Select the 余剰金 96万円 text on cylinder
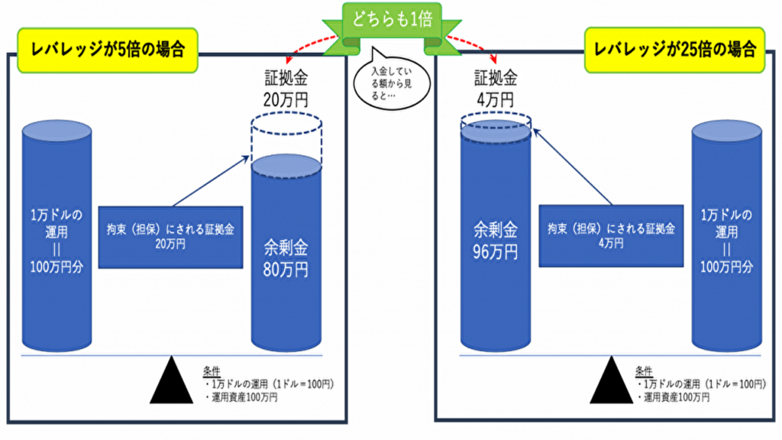(496, 240)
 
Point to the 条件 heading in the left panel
(212, 370)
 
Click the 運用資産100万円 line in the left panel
(241, 398)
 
